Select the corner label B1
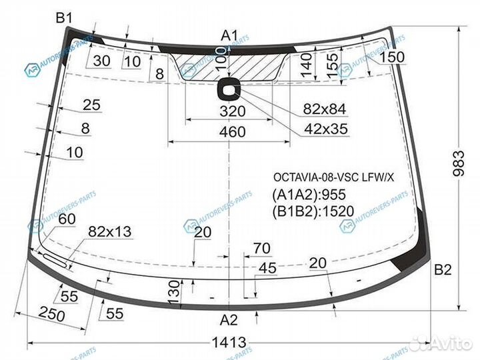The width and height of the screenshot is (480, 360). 64,18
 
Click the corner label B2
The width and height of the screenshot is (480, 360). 443,270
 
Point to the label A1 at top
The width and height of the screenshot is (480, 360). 230,35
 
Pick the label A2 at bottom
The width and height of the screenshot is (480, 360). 229,319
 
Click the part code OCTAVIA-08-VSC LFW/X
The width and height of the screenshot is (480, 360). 333,177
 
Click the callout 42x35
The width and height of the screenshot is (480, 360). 325,129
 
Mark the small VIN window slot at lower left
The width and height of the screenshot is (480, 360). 55,260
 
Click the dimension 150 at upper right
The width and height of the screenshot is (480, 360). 392,57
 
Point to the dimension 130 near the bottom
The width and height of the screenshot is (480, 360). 173,291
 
